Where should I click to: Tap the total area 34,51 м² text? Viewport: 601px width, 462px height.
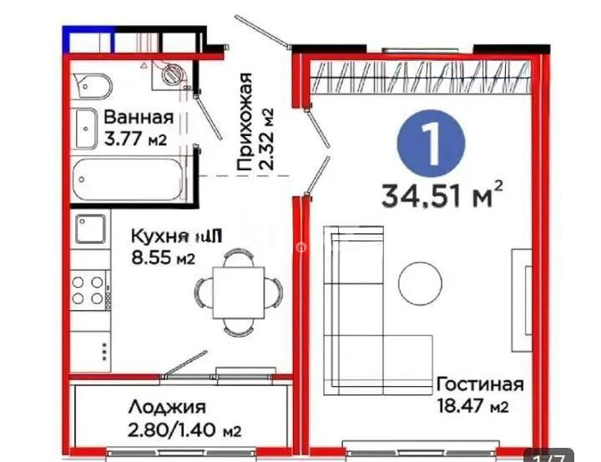[x=442, y=195]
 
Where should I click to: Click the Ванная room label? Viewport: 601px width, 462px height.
[x=139, y=118]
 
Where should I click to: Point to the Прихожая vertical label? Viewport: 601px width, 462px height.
[x=245, y=122]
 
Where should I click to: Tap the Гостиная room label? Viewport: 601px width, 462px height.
[x=479, y=384]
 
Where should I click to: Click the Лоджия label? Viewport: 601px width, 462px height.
[x=167, y=408]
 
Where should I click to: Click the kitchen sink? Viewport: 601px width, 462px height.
[x=90, y=228]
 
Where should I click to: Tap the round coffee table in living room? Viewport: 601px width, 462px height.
[x=420, y=284]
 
